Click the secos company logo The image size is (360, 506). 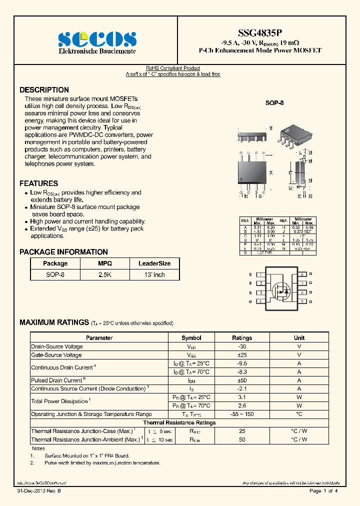(x=97, y=39)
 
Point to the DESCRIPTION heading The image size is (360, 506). (x=44, y=90)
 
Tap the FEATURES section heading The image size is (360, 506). (x=38, y=183)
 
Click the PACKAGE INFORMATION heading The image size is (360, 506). (x=63, y=252)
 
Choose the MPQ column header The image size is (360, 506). (x=105, y=263)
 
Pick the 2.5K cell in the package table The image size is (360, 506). (x=105, y=274)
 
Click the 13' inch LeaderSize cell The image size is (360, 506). (x=154, y=274)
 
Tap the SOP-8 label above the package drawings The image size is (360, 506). (x=274, y=103)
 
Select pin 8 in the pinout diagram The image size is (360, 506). (x=302, y=274)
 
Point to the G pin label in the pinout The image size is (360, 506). (x=250, y=302)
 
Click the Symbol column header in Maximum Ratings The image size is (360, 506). (x=191, y=338)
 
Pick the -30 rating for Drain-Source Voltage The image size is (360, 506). (x=242, y=346)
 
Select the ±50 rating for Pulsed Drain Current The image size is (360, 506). (x=242, y=380)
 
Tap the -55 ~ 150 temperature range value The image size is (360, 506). (x=242, y=414)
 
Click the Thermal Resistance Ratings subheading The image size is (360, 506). (x=179, y=423)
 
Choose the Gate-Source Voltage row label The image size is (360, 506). (x=56, y=355)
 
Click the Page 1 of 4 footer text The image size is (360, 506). (x=323, y=491)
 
